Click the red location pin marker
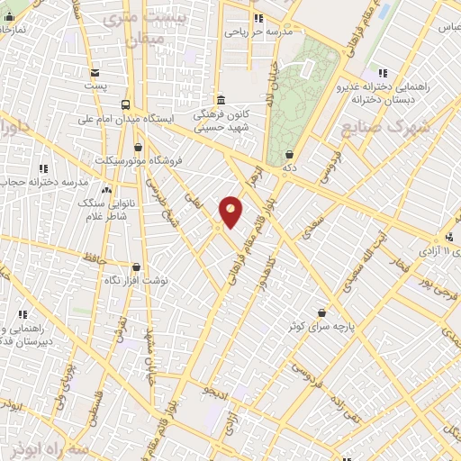coord(230,212)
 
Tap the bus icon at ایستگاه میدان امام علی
coord(125,104)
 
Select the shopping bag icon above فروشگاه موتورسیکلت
coord(138,147)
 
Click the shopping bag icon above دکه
coord(289,155)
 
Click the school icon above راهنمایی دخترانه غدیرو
coord(383,74)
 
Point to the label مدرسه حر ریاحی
coord(258,32)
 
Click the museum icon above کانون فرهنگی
coord(221,100)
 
